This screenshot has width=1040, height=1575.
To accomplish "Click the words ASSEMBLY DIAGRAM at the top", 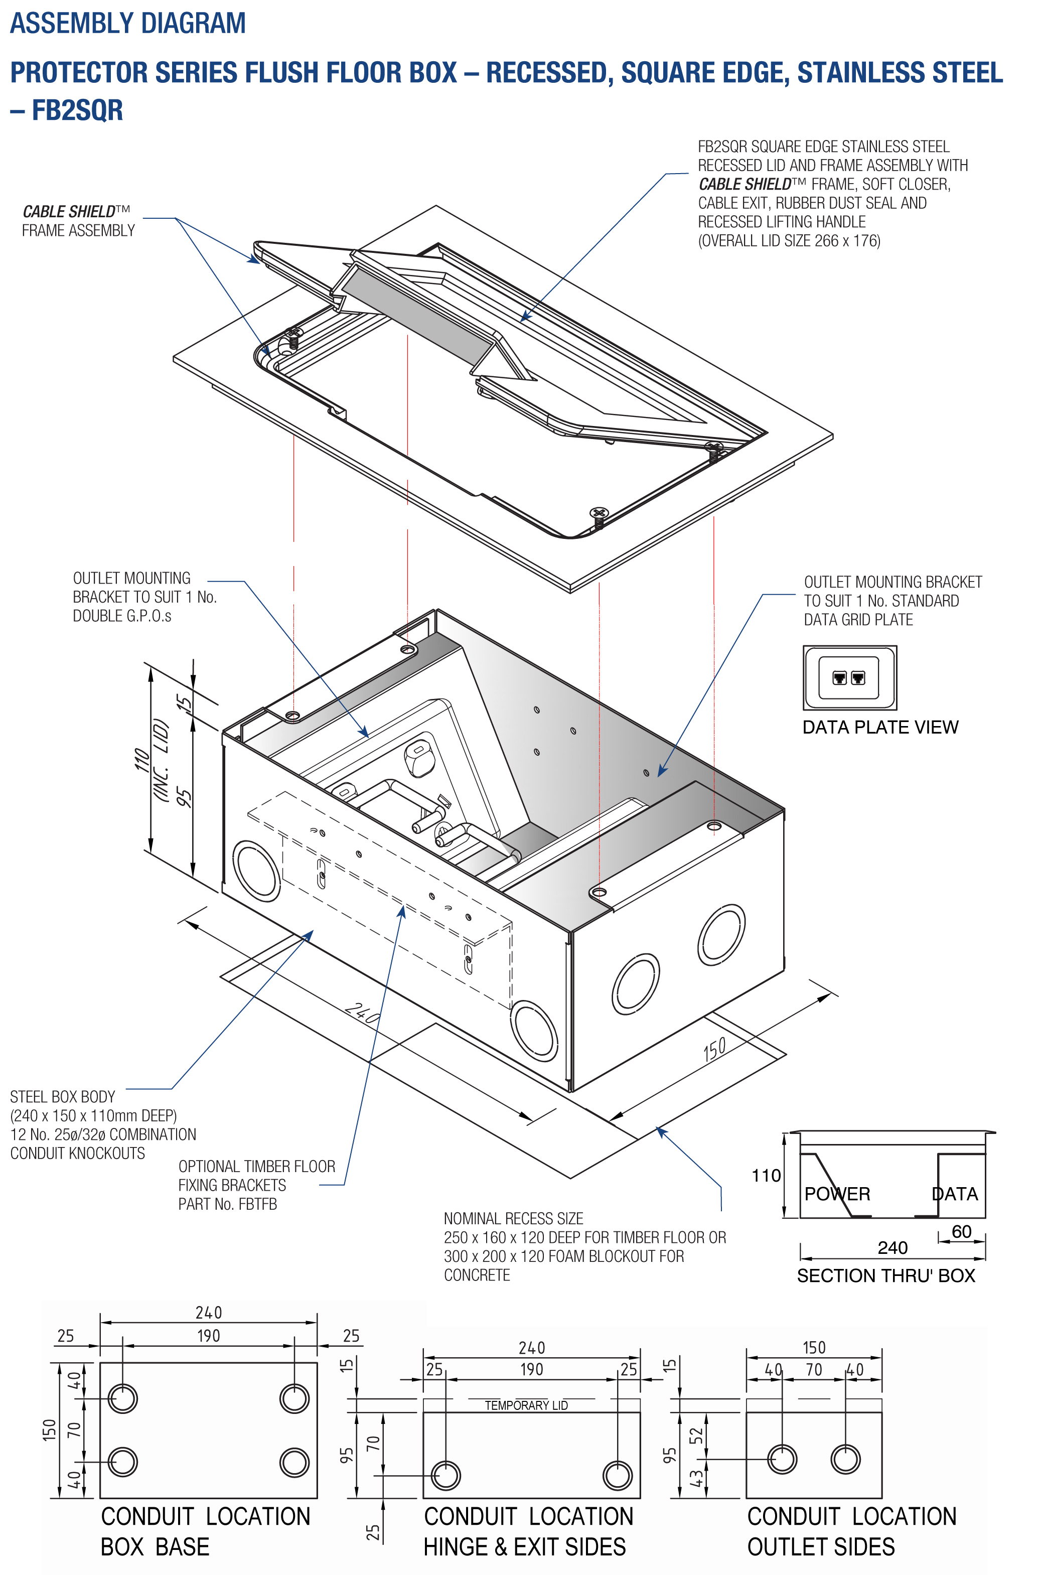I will click(x=127, y=23).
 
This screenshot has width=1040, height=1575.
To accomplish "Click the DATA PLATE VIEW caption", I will click(x=879, y=727).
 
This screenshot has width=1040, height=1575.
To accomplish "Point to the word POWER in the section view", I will click(x=836, y=1194).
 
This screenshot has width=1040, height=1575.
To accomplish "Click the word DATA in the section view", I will click(x=954, y=1194).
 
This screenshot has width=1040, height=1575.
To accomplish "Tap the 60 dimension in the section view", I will click(x=961, y=1231).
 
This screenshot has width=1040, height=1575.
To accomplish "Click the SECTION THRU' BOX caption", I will click(x=885, y=1275).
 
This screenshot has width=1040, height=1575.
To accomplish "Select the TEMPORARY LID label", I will click(x=526, y=1405).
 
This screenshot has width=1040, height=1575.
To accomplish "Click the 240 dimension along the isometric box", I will click(x=363, y=1013).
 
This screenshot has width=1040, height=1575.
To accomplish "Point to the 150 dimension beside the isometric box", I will click(x=714, y=1049).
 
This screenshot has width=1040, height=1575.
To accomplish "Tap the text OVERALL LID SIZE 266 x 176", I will click(x=789, y=241).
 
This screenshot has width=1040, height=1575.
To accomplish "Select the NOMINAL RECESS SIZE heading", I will click(x=513, y=1218).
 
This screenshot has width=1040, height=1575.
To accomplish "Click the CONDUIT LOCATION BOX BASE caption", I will click(x=205, y=1531).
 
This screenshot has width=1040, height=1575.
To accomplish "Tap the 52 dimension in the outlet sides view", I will click(x=695, y=1436).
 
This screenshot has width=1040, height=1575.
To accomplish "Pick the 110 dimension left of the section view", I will click(x=766, y=1176).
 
